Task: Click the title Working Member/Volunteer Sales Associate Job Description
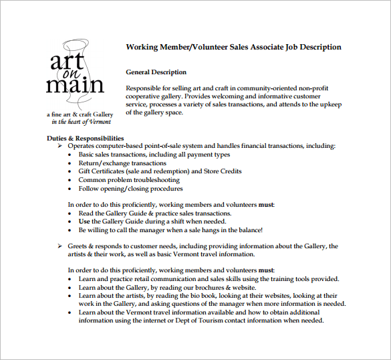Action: tap(233, 48)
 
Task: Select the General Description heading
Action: tap(156, 72)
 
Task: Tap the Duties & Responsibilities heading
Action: tap(86, 138)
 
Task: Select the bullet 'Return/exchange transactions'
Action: tap(122, 163)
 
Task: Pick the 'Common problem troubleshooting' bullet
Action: tap(128, 180)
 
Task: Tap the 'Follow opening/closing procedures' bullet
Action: tap(130, 189)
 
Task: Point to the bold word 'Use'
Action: tap(84, 221)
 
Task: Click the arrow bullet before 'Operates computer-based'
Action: tap(61, 146)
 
